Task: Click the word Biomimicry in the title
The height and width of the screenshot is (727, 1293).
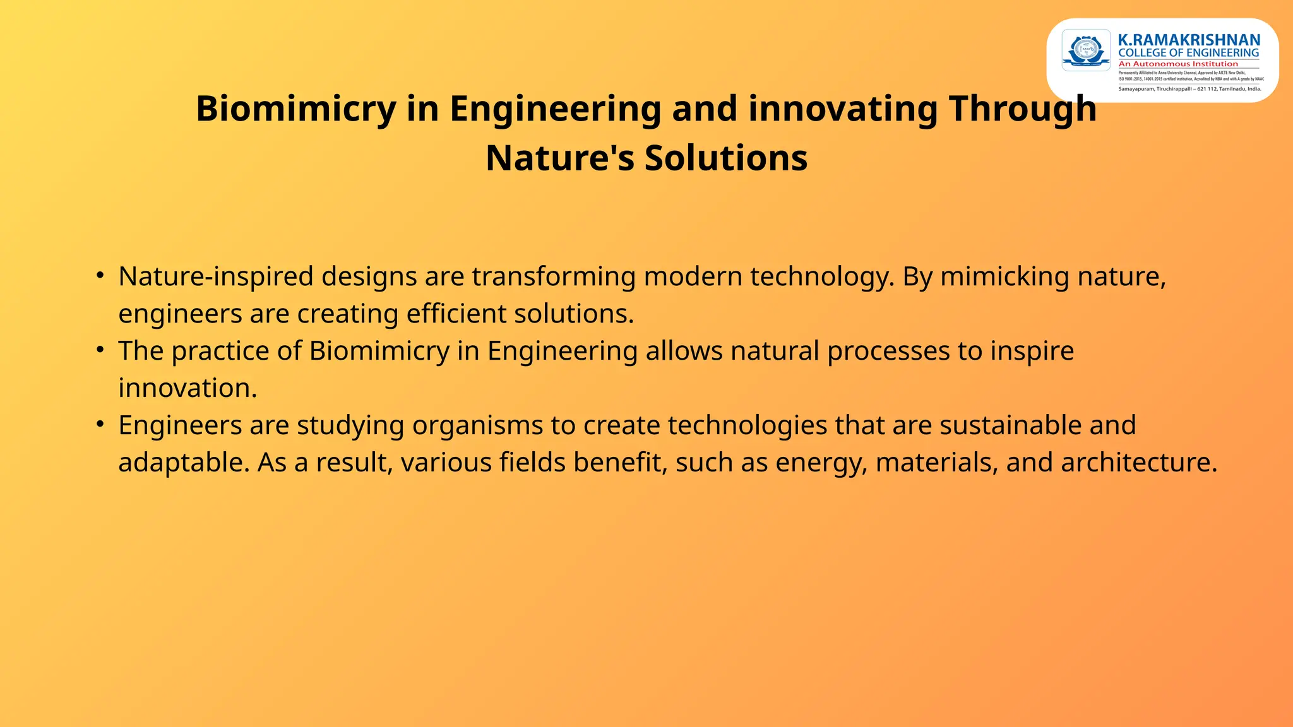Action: click(295, 109)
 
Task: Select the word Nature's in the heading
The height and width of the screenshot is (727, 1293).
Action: click(559, 158)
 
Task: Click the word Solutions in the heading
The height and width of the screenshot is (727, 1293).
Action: click(725, 158)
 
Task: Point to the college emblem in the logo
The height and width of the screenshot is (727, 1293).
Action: click(1086, 50)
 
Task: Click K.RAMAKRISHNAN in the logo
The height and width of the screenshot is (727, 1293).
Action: click(1189, 40)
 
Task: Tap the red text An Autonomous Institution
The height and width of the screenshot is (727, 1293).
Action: click(1178, 64)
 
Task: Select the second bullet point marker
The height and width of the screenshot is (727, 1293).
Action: click(100, 350)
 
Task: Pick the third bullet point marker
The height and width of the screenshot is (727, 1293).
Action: click(100, 424)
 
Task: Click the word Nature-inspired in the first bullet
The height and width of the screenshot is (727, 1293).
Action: click(215, 276)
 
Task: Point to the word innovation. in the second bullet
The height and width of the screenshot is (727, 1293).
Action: click(188, 388)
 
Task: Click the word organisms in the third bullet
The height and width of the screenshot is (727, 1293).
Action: click(477, 425)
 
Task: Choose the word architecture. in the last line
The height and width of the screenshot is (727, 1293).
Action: click(1139, 463)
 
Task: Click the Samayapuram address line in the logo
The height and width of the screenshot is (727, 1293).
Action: click(1189, 89)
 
